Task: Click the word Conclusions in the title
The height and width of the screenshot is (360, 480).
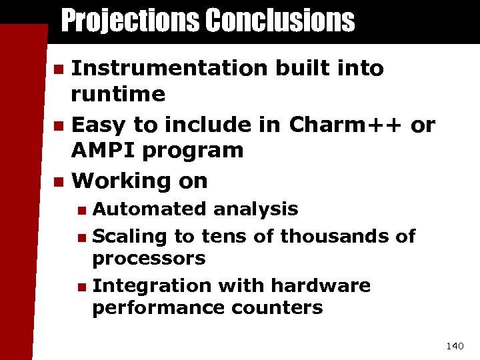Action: (280, 21)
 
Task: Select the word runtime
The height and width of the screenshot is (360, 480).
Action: (118, 94)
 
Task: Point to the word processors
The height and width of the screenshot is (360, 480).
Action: (149, 259)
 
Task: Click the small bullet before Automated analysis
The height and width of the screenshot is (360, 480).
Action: (81, 210)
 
